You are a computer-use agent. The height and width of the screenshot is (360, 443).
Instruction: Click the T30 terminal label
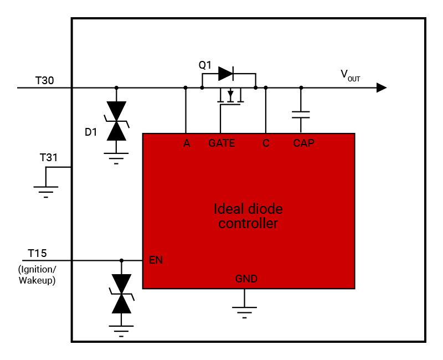[44, 80]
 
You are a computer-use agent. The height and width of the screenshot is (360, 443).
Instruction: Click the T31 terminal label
[49, 158]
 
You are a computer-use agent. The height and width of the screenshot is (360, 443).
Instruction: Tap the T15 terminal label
[37, 254]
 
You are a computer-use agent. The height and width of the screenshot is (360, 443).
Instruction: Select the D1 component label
[91, 132]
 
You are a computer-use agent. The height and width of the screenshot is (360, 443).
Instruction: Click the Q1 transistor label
[205, 65]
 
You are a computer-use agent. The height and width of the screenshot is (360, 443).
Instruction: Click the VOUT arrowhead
[381, 88]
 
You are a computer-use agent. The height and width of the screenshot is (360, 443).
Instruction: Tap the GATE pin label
[221, 143]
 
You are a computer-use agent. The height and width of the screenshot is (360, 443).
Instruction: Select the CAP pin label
[303, 143]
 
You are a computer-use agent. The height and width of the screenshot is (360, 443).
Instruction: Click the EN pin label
[156, 259]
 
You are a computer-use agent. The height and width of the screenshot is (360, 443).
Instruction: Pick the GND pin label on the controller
[246, 279]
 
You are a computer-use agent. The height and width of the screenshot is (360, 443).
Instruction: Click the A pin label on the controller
[187, 143]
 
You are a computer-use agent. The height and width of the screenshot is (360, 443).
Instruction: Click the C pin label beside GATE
[266, 143]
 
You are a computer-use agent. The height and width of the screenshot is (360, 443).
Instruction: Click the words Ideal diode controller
[248, 216]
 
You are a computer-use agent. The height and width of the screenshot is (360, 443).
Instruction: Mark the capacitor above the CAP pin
[301, 114]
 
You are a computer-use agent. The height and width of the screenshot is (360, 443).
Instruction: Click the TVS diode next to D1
[116, 121]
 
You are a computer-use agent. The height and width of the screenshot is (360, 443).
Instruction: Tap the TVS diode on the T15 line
[121, 294]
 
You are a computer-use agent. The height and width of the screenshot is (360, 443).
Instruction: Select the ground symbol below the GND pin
[244, 311]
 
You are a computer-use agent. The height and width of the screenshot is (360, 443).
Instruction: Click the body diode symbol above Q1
[226, 73]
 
